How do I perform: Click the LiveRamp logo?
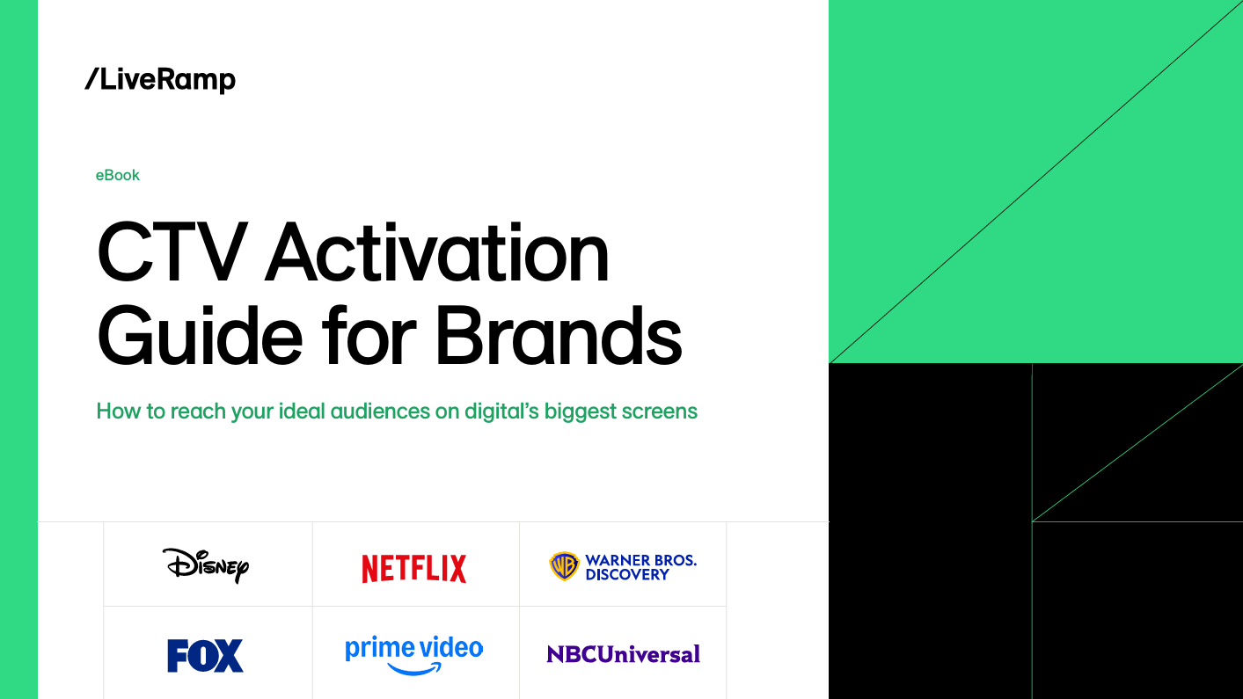pos(160,80)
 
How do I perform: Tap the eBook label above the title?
pos(118,175)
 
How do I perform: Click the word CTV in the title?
pos(172,252)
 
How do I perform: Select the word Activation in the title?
pos(437,252)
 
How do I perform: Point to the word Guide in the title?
pos(200,337)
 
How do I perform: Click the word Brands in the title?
pos(559,337)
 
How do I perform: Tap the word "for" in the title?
pos(369,337)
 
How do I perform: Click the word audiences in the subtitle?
pos(380,411)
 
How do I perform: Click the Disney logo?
pos(206,565)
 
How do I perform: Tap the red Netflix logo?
pos(414,569)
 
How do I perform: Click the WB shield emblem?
pos(565,566)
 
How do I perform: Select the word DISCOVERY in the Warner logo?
pos(627,575)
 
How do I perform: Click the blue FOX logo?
pos(205,656)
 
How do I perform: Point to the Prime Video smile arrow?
pos(414,668)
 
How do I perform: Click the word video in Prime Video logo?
pos(451,648)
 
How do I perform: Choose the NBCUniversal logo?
pos(623,655)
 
